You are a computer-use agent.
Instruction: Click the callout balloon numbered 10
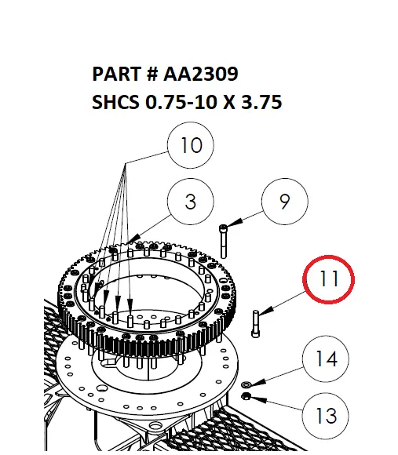tap(191, 146)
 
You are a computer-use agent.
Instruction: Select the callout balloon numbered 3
tap(191, 202)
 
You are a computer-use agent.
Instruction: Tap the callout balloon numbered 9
tap(284, 202)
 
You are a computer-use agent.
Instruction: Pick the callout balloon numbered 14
tap(327, 359)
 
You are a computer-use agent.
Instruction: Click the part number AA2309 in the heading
tap(201, 75)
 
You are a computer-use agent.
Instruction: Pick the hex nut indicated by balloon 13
tap(245, 398)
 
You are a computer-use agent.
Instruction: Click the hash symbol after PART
tap(152, 75)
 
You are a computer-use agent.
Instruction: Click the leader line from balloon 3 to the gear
tap(154, 224)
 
